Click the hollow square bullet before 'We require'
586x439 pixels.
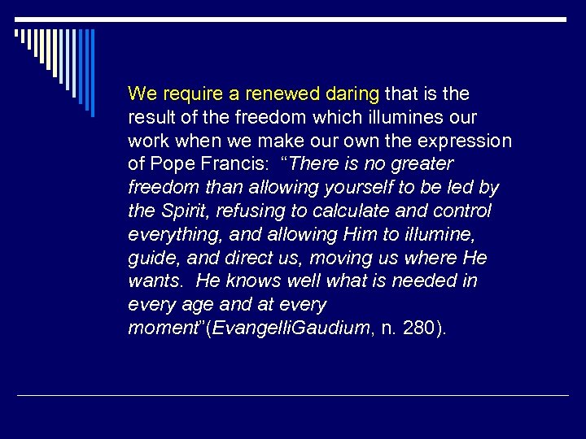(x=114, y=92)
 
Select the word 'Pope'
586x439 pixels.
(x=168, y=164)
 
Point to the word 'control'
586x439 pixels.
(x=462, y=211)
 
